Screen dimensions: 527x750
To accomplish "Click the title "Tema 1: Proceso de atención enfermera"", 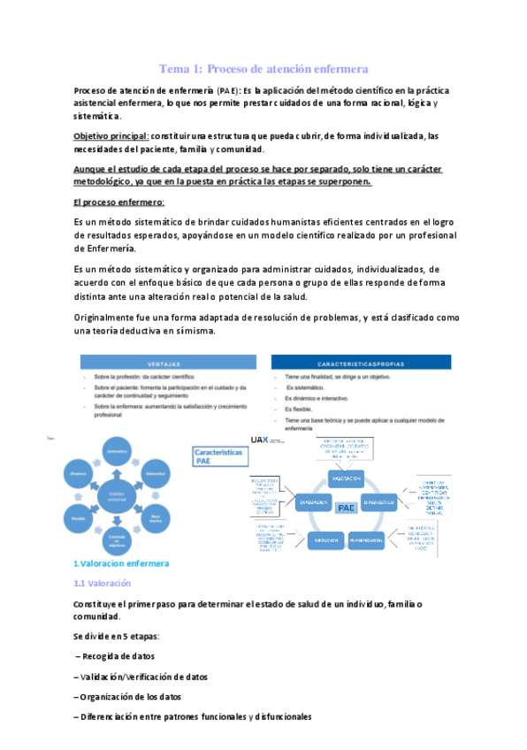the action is (263, 68).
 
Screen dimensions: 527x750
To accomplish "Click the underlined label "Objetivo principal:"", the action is (111, 136).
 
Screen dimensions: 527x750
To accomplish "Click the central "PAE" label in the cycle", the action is (346, 508).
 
